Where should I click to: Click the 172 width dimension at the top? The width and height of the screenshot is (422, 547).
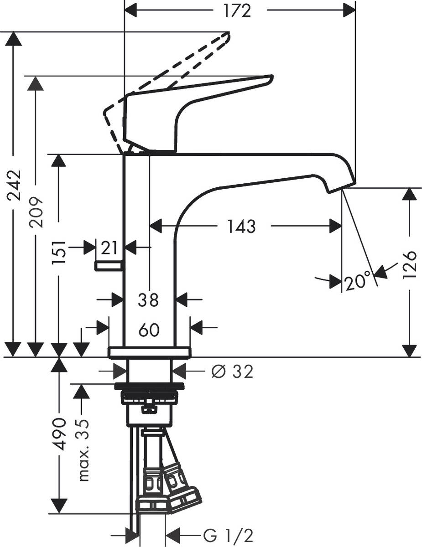pyautogui.click(x=238, y=10)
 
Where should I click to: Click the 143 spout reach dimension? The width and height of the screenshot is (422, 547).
pyautogui.click(x=241, y=226)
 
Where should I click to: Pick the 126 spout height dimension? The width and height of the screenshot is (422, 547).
pyautogui.click(x=409, y=264)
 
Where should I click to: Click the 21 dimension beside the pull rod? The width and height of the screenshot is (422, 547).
pyautogui.click(x=109, y=248)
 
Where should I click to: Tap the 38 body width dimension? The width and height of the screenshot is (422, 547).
pyautogui.click(x=148, y=300)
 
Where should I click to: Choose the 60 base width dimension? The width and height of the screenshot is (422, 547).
pyautogui.click(x=149, y=330)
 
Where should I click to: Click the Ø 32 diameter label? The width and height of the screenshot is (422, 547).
pyautogui.click(x=232, y=372)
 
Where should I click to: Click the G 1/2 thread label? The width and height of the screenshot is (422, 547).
pyautogui.click(x=228, y=534)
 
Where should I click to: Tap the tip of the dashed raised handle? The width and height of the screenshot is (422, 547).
pyautogui.click(x=229, y=33)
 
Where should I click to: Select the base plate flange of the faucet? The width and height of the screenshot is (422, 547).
pyautogui.click(x=149, y=352)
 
